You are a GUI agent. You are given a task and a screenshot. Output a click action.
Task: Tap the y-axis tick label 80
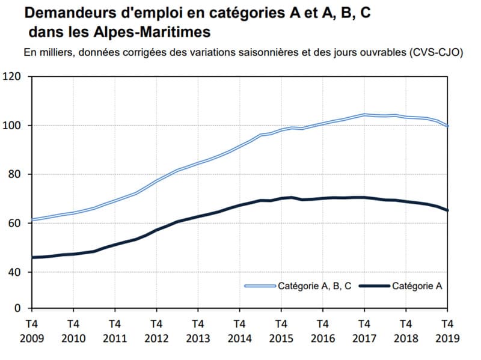point(14,174)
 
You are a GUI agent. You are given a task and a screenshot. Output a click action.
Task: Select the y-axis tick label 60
point(14,223)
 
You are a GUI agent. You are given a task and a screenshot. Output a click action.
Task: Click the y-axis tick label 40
point(14,272)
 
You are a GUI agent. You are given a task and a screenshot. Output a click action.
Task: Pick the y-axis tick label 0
point(17,308)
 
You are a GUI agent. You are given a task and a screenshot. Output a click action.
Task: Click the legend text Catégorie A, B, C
point(314,286)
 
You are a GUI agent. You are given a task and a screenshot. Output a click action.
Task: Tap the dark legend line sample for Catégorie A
point(374,286)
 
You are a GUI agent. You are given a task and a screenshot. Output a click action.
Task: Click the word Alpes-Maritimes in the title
point(162,31)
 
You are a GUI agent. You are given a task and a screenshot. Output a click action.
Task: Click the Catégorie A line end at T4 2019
point(448,210)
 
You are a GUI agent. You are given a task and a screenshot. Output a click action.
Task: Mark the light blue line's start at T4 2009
point(31,219)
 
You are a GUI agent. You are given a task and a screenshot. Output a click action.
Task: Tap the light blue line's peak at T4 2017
point(364,114)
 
